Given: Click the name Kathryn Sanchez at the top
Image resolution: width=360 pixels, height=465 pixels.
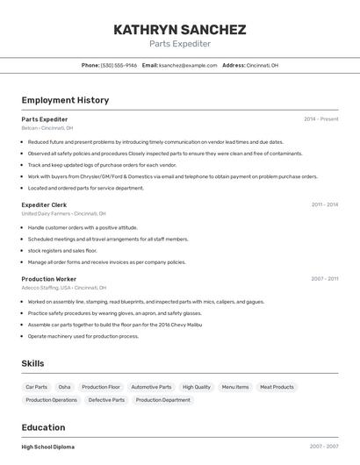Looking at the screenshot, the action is pyautogui.click(x=180, y=29).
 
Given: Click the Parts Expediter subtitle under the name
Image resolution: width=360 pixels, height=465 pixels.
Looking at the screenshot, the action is pyautogui.click(x=180, y=44).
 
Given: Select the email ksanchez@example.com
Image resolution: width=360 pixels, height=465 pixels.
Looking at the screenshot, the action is pyautogui.click(x=188, y=65).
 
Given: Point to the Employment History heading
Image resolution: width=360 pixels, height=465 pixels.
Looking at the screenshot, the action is pyautogui.click(x=65, y=100).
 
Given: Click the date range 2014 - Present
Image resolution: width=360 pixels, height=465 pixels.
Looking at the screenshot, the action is pyautogui.click(x=320, y=118).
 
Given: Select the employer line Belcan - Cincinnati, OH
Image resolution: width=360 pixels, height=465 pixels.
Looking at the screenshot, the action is pyautogui.click(x=47, y=127).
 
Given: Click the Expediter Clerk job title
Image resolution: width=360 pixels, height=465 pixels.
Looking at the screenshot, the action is pyautogui.click(x=44, y=204).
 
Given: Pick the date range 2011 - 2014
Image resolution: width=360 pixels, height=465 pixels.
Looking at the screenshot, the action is pyautogui.click(x=324, y=204).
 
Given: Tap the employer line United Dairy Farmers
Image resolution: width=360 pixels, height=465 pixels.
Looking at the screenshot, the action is pyautogui.click(x=63, y=213).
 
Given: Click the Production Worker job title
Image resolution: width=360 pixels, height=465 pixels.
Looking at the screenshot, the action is pyautogui.click(x=49, y=279).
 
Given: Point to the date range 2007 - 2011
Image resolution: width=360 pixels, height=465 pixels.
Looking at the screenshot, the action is pyautogui.click(x=324, y=279).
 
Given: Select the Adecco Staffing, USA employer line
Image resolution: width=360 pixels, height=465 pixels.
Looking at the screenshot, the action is pyautogui.click(x=63, y=288).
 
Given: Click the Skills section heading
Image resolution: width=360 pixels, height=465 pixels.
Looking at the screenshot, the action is pyautogui.click(x=32, y=363).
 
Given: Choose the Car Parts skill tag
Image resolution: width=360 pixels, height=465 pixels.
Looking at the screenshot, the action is pyautogui.click(x=36, y=387).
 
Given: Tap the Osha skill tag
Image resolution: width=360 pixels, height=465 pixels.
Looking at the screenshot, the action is pyautogui.click(x=64, y=387).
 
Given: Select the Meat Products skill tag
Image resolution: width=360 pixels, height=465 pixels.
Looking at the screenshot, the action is pyautogui.click(x=277, y=387).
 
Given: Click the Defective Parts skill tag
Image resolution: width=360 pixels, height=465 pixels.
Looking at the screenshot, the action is pyautogui.click(x=106, y=400).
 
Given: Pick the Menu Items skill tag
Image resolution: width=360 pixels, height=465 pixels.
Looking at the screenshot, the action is pyautogui.click(x=235, y=387).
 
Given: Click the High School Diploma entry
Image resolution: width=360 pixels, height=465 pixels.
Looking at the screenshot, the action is pyautogui.click(x=48, y=447).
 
